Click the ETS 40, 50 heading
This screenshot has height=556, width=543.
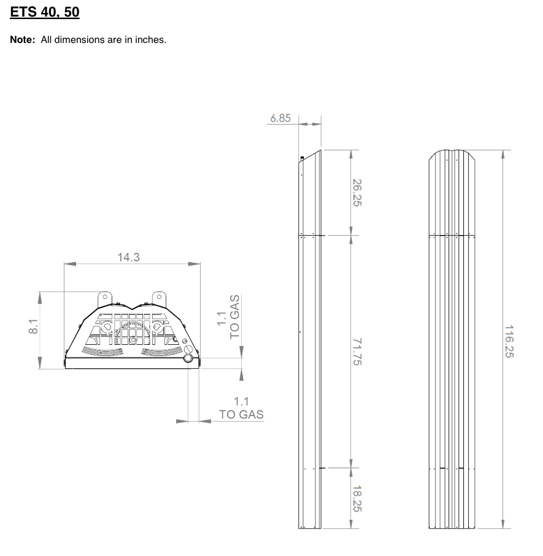[45, 12]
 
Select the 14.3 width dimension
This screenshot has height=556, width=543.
[129, 257]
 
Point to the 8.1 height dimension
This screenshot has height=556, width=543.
[33, 326]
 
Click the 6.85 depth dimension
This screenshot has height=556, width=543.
[280, 118]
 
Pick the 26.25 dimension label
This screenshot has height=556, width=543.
[357, 193]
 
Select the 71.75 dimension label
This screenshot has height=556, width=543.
[357, 352]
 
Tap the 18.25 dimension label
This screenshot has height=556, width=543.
[357, 498]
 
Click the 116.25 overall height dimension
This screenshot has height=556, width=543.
[509, 341]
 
